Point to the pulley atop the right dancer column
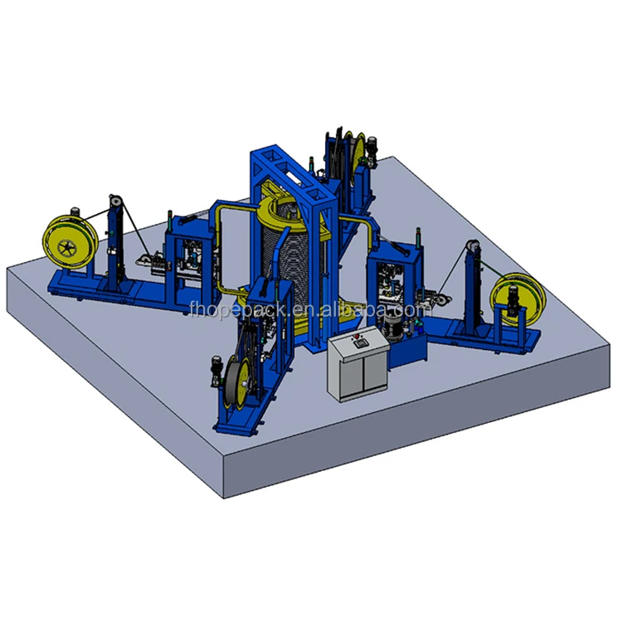point(473,247)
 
